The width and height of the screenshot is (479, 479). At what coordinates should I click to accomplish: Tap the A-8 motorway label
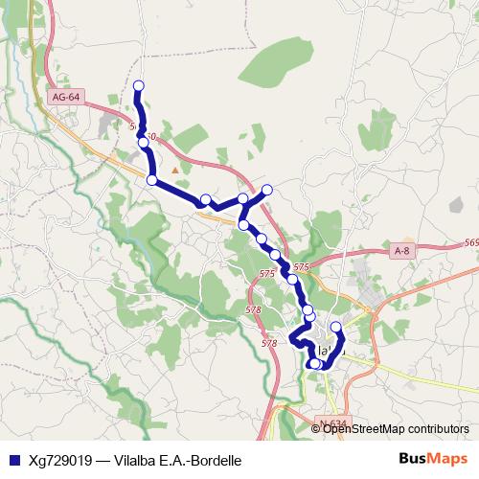tap(403, 250)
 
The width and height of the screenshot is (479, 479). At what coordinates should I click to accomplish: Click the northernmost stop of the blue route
tap(138, 86)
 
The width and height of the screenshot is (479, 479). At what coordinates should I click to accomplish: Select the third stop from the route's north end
tap(151, 179)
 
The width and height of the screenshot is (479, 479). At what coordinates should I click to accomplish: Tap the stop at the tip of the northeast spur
tap(267, 189)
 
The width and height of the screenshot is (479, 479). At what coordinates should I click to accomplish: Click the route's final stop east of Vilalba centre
tap(335, 328)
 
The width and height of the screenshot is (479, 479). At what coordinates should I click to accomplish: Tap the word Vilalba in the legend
tap(137, 460)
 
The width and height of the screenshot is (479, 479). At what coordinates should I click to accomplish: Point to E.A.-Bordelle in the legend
tap(201, 460)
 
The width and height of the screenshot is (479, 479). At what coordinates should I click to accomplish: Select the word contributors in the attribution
tap(433, 428)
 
